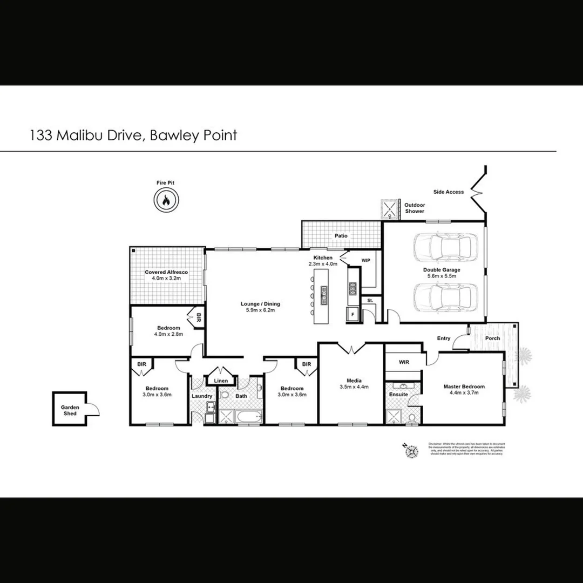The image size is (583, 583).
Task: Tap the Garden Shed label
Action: click(x=70, y=410)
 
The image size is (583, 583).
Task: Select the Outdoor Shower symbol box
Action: click(x=389, y=209)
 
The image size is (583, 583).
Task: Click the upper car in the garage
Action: click(x=445, y=248)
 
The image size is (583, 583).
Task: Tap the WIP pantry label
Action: click(x=366, y=261)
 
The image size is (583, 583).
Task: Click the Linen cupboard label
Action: click(x=221, y=381)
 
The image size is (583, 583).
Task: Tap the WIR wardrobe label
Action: click(x=404, y=362)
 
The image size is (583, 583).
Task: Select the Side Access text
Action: click(x=449, y=192)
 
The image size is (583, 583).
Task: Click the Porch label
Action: click(x=492, y=338)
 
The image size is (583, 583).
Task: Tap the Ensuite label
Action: click(x=398, y=395)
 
